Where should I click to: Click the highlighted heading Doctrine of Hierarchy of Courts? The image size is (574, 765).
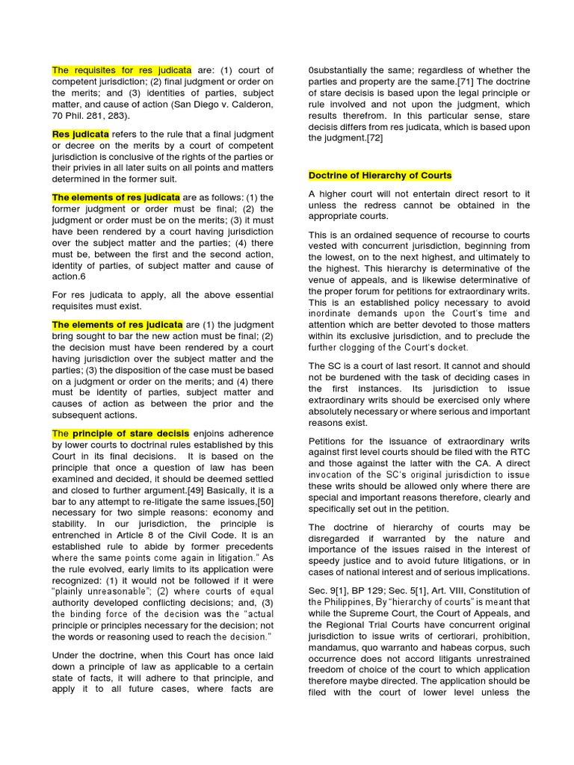380,176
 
